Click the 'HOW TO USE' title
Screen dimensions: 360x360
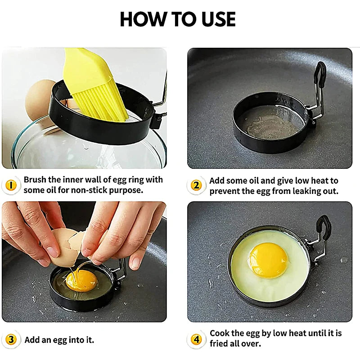coord(178,19)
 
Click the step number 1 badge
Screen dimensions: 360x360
coord(12,185)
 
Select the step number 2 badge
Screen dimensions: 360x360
coord(196,185)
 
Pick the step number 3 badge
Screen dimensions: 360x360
coord(12,340)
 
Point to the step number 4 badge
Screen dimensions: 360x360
coord(196,339)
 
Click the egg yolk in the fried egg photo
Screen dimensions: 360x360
coord(268,260)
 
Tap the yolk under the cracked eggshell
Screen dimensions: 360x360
coord(81,280)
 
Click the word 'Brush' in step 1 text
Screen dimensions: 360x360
coord(35,180)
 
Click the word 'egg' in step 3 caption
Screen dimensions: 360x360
coord(60,340)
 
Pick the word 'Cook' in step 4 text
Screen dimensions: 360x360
coord(220,333)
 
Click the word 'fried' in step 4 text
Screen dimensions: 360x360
coord(220,344)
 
